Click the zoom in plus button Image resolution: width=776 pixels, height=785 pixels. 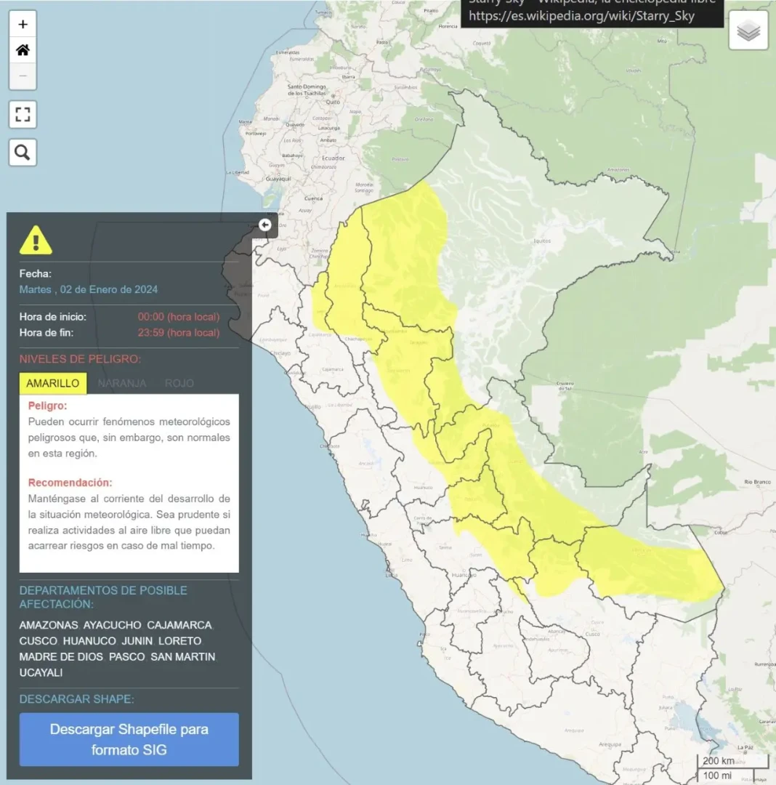click(23, 25)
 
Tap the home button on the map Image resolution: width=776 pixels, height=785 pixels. click(23, 50)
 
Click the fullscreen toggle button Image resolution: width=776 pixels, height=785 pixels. click(23, 114)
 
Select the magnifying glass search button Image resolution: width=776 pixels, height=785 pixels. click(23, 153)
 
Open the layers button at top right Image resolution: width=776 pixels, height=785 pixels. click(748, 31)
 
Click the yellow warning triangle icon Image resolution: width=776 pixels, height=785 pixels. click(36, 240)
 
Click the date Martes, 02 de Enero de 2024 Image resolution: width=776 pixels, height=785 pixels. click(89, 289)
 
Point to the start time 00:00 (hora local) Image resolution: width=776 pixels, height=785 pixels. click(179, 317)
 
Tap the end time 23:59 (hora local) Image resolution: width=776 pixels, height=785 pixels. click(179, 333)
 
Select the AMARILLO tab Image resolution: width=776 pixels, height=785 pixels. click(53, 383)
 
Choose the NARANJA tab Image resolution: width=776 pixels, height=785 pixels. click(122, 383)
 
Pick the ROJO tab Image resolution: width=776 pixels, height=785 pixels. click(179, 383)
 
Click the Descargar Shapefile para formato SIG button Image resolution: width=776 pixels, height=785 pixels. click(129, 739)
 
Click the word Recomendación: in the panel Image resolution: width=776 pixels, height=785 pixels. click(70, 483)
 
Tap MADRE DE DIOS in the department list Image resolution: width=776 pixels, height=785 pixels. click(62, 657)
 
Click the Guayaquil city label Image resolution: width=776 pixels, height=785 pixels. click(278, 178)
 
